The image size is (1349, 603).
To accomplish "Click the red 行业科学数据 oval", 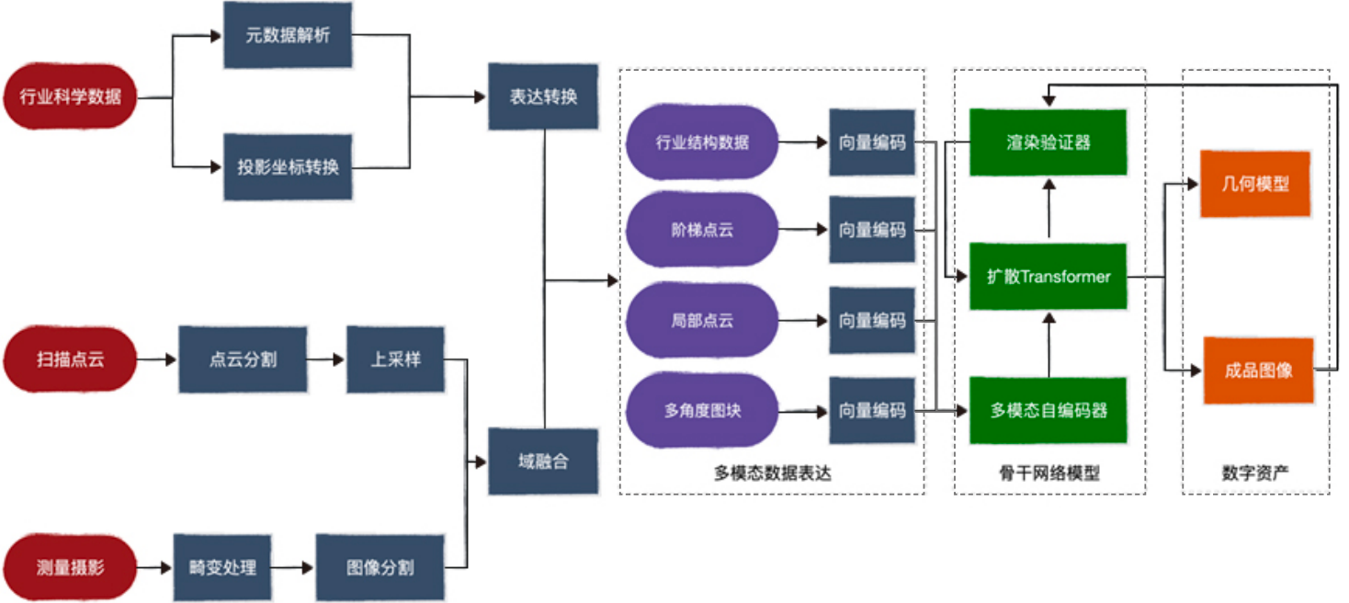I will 70,96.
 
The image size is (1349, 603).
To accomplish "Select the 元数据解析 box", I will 288,36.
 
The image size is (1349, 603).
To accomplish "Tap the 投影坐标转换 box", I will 288,167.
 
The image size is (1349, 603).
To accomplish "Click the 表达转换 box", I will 543,97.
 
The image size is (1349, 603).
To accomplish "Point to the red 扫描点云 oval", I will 70,359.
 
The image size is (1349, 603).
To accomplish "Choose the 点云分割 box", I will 243,359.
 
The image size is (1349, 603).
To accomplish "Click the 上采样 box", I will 395,359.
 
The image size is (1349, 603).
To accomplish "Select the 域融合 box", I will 543,461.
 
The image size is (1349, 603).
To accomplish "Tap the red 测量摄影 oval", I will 70,567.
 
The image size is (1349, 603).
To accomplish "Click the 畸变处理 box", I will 222,567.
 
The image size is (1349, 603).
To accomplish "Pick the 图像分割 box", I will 380,567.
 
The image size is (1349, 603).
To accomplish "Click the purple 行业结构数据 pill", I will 702,142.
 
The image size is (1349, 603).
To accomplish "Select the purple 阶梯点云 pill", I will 702,231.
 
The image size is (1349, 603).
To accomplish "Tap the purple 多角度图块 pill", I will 702,411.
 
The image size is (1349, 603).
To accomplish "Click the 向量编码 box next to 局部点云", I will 871,321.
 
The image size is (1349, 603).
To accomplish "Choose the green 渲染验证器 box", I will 1049,142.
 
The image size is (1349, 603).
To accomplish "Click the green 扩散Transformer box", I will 1049,277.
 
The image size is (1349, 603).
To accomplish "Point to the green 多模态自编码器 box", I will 1049,411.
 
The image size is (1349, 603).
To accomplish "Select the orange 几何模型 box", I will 1255,184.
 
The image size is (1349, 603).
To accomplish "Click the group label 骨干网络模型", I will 1049,473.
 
